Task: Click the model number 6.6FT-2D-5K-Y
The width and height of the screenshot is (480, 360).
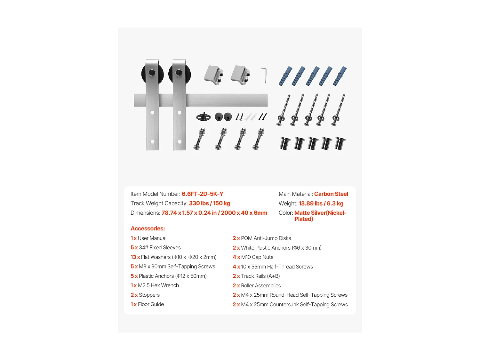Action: (x=202, y=194)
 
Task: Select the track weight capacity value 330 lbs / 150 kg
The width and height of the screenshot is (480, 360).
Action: (x=209, y=204)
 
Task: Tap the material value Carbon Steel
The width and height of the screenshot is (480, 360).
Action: (x=331, y=194)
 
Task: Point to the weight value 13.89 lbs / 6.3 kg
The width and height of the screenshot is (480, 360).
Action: (x=321, y=204)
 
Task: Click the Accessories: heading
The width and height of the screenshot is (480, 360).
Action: (x=148, y=228)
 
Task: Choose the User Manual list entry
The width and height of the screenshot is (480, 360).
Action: (x=152, y=238)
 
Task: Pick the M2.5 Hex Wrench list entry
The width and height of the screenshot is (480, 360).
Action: (x=158, y=285)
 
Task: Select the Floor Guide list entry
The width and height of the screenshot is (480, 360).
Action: (x=151, y=304)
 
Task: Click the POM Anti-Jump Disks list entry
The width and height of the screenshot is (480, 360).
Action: (x=266, y=238)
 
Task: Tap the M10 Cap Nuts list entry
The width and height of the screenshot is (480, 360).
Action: (x=257, y=257)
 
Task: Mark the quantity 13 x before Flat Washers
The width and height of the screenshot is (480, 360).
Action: (x=135, y=257)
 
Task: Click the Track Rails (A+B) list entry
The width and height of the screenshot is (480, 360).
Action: (x=260, y=276)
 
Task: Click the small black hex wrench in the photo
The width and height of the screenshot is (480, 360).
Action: (x=264, y=75)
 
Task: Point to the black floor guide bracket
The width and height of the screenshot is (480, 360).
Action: (x=203, y=117)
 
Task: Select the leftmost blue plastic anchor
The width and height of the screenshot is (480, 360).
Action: (x=285, y=76)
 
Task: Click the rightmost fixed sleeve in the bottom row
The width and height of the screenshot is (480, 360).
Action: (x=340, y=143)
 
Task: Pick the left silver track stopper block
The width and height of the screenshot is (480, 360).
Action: (x=213, y=75)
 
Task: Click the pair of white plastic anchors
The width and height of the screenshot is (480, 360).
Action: (x=251, y=116)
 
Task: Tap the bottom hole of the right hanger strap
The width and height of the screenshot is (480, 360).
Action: (x=180, y=141)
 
